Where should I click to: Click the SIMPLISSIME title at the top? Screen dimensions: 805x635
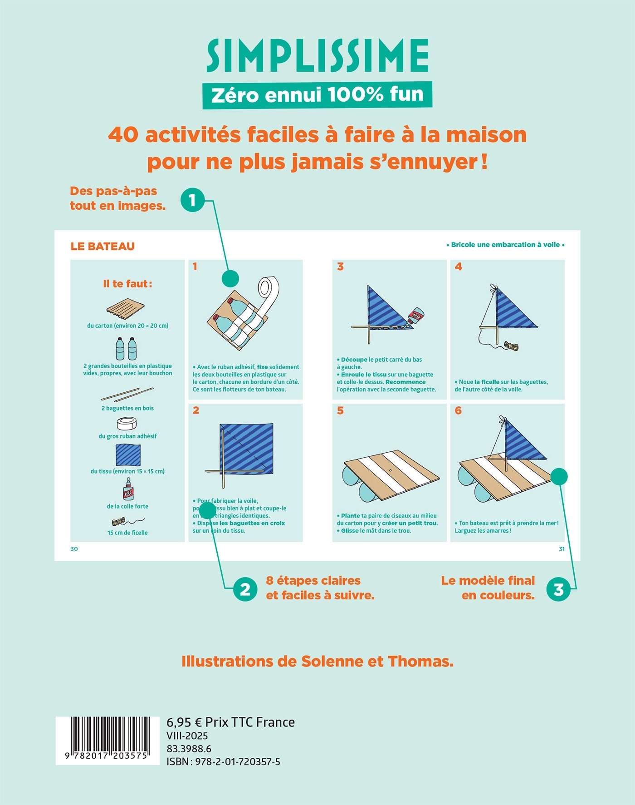pos(317,56)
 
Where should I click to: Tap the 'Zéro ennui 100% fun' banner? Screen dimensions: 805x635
pos(317,95)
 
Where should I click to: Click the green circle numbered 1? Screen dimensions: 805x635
pos(192,200)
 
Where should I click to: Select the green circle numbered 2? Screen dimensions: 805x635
pos(245,589)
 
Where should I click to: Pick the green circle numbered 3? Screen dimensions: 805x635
pos(558,589)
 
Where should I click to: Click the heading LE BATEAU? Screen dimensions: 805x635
pos(103,247)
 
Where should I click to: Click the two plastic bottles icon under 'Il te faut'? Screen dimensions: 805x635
pos(126,349)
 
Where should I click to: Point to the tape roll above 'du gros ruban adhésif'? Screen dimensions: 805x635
pos(127,424)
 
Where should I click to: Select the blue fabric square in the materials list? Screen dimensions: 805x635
pos(128,455)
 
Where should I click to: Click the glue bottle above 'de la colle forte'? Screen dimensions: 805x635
pos(128,489)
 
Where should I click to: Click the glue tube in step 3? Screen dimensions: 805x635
pos(415,316)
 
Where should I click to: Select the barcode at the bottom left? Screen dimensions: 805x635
pos(107,740)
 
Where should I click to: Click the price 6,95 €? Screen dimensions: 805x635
pos(184,722)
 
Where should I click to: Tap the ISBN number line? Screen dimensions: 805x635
pos(223,761)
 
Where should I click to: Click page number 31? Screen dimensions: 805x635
pos(562,549)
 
